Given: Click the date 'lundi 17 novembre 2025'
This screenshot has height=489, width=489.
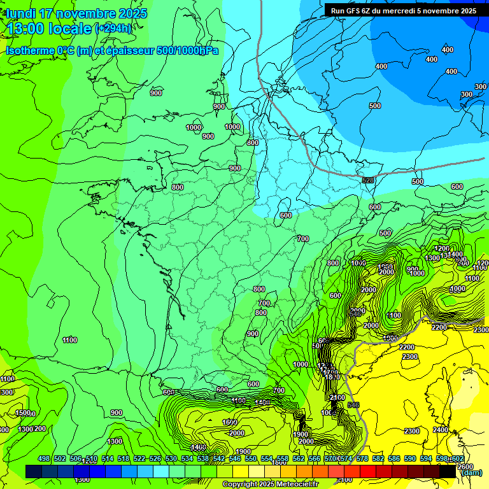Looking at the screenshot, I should click(76, 13).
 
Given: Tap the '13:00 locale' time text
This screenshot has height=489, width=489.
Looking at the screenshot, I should click(50, 29).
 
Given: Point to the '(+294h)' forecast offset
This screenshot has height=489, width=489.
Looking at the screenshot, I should click(113, 28).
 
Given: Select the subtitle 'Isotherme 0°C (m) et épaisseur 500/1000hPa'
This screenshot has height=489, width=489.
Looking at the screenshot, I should click(112, 50).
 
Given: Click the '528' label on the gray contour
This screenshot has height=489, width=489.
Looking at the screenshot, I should click(368, 181).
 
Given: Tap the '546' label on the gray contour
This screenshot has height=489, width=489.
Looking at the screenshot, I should click(354, 405).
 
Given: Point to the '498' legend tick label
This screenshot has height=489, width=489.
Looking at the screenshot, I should click(44, 459).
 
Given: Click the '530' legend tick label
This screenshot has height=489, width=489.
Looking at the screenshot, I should click(171, 459).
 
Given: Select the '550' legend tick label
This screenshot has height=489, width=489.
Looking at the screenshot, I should click(251, 459).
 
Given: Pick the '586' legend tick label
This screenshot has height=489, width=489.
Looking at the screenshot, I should click(394, 459).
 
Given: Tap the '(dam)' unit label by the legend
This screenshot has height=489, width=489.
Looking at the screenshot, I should click(471, 472).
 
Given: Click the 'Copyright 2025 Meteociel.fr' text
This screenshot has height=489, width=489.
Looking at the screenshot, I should click(269, 484).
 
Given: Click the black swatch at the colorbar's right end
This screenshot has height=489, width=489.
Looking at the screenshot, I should click(448, 471).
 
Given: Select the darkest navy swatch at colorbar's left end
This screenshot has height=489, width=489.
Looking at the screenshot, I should click(34, 471).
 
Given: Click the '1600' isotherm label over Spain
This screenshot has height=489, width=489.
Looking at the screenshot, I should click(230, 422).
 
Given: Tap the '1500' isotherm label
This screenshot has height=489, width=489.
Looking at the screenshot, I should click(23, 413).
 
